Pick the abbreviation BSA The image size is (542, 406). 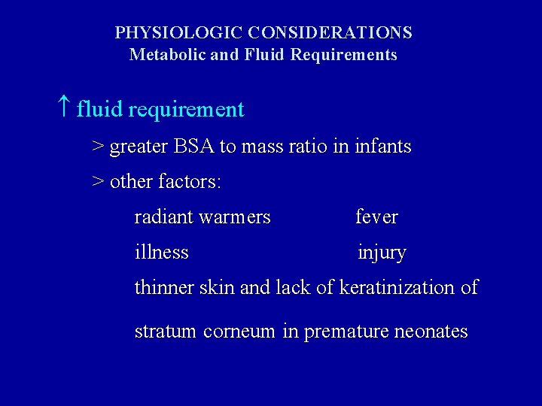[x=194, y=147]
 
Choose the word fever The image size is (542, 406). [x=376, y=217]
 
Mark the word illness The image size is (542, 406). [x=161, y=253]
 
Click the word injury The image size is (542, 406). [x=382, y=253]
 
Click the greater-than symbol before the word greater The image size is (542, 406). [x=98, y=147]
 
